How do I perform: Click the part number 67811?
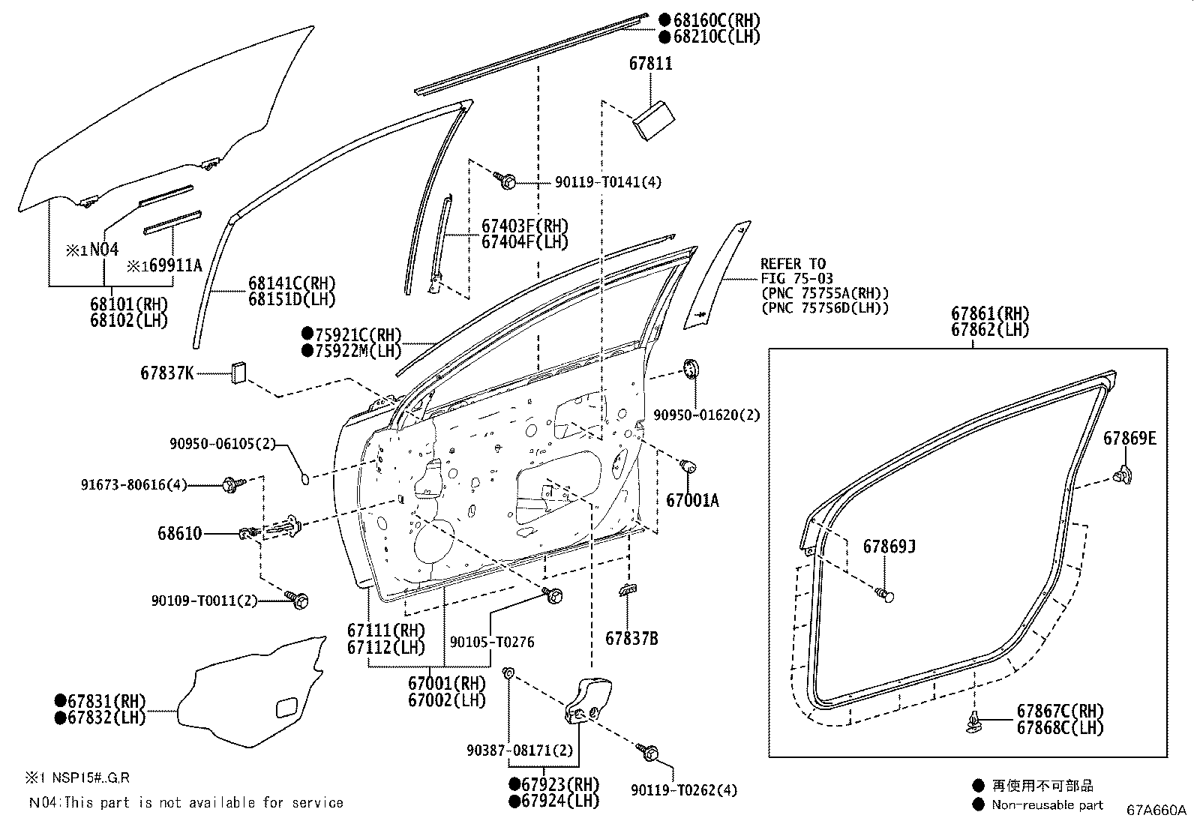coord(650,64)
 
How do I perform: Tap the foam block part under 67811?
coord(653,121)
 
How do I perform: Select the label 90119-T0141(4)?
coord(608,182)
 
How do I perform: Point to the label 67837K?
coord(166,373)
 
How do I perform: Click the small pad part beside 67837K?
coord(238,373)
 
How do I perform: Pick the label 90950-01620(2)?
coord(706,415)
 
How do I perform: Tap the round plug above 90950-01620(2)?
coord(691,369)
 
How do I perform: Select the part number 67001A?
coord(692,501)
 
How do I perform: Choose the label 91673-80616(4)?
coord(133,485)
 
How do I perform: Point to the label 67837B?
coord(631,639)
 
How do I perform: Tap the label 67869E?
coord(1130,438)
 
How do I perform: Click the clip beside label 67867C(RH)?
coord(973,722)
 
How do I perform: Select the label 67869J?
coord(889,547)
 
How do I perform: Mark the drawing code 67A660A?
coord(1156,811)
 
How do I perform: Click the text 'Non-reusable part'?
coord(1048,805)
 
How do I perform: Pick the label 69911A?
coord(175,265)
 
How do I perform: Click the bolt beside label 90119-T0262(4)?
coord(648,752)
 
